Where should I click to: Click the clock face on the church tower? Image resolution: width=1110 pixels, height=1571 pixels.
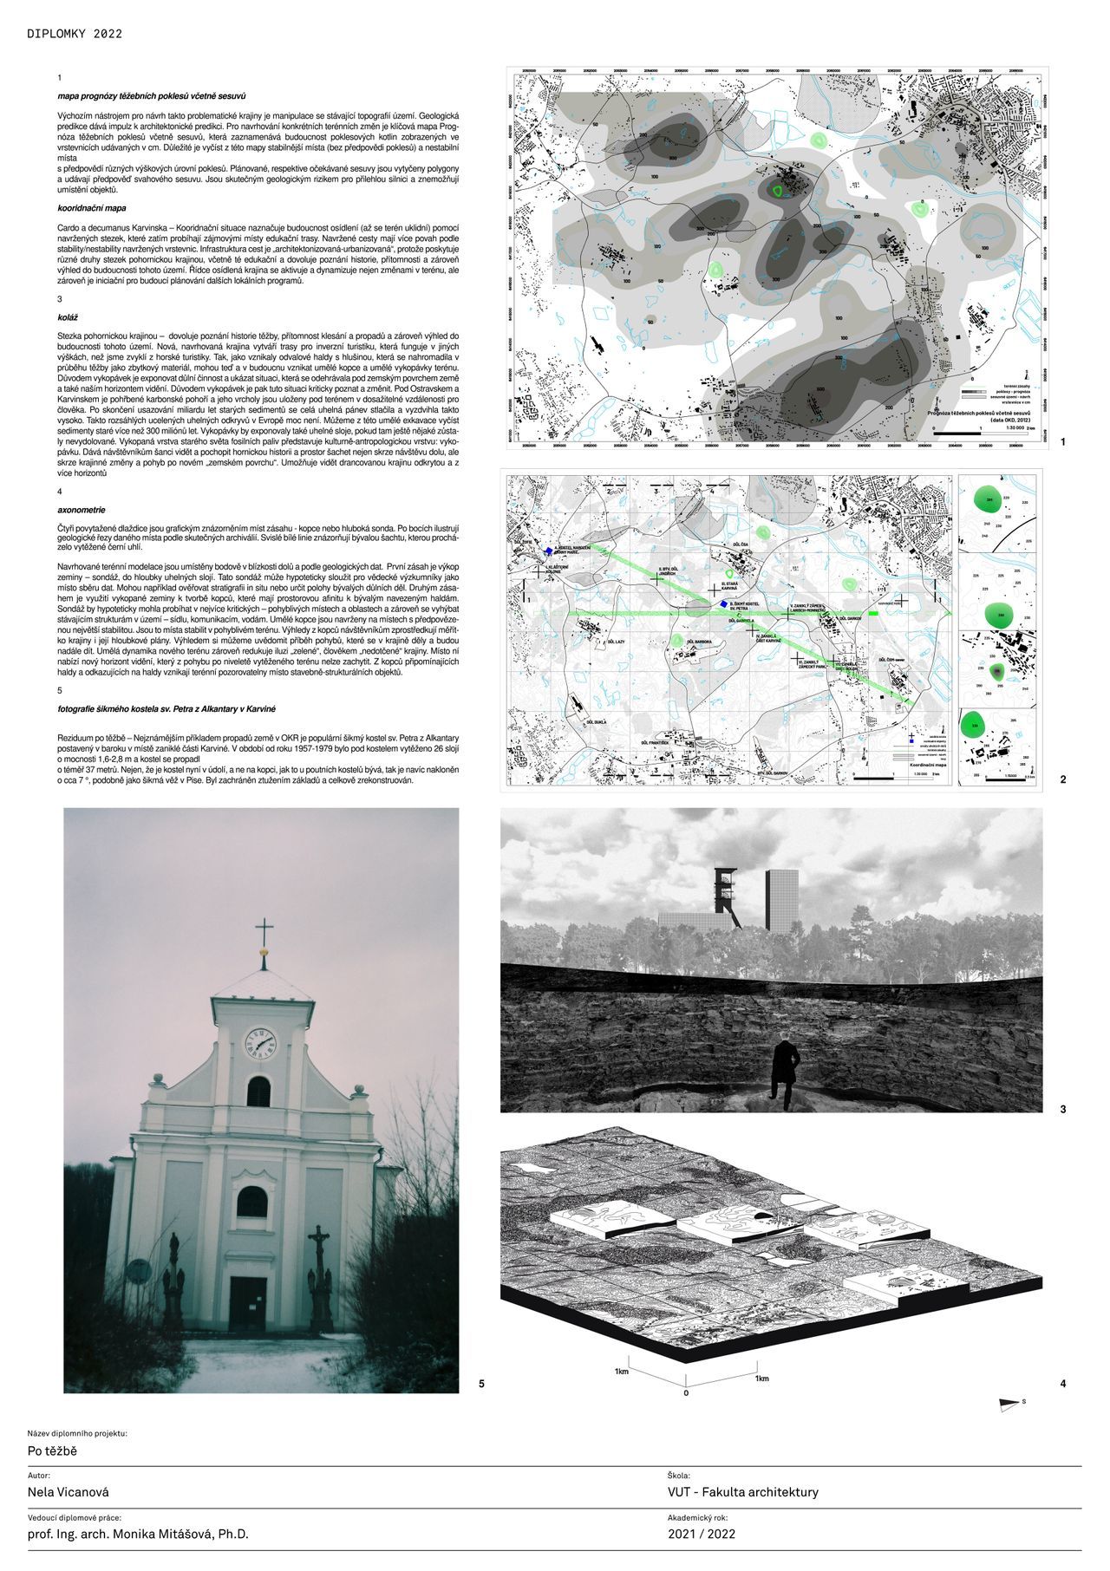(260, 1043)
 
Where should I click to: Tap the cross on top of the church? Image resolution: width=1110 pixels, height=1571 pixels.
(264, 935)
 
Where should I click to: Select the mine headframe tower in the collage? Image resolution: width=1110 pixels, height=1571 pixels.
(726, 898)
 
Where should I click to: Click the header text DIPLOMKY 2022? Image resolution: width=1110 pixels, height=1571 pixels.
(75, 35)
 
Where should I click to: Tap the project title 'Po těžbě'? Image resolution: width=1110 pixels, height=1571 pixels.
(53, 1450)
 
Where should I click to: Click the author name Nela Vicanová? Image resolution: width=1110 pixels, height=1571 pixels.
(69, 1492)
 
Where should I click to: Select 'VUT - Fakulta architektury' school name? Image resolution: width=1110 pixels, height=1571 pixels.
(742, 1492)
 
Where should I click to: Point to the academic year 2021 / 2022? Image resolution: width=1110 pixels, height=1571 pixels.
(702, 1534)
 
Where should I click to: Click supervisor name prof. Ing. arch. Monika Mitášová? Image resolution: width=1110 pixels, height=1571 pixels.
(138, 1534)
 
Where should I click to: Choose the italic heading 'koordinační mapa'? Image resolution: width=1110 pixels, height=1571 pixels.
(92, 208)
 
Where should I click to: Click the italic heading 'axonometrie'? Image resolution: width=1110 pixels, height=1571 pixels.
(81, 511)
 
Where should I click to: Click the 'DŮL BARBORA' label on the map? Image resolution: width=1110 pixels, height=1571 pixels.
(698, 642)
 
